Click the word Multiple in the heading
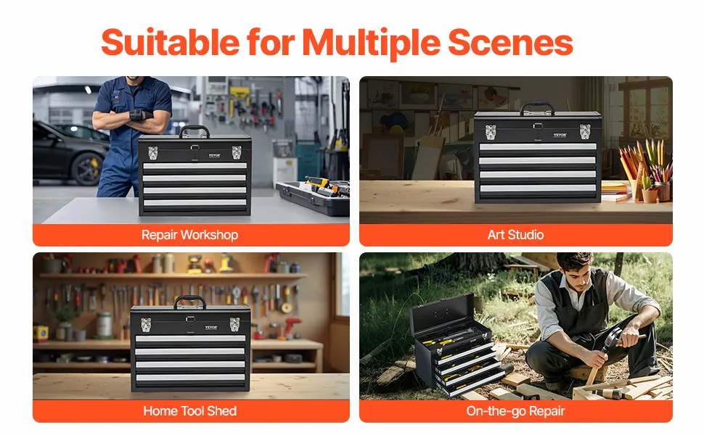(x=371, y=43)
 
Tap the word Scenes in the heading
(x=510, y=43)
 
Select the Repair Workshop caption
(x=190, y=235)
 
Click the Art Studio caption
(x=515, y=235)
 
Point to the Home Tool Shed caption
(x=190, y=411)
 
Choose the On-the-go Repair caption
(x=515, y=411)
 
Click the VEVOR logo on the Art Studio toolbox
(x=560, y=135)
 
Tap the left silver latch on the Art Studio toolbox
(x=491, y=132)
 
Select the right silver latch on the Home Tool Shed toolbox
(x=235, y=324)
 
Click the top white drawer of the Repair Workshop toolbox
(x=195, y=166)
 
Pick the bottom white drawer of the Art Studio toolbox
(x=538, y=188)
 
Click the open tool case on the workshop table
(x=314, y=196)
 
